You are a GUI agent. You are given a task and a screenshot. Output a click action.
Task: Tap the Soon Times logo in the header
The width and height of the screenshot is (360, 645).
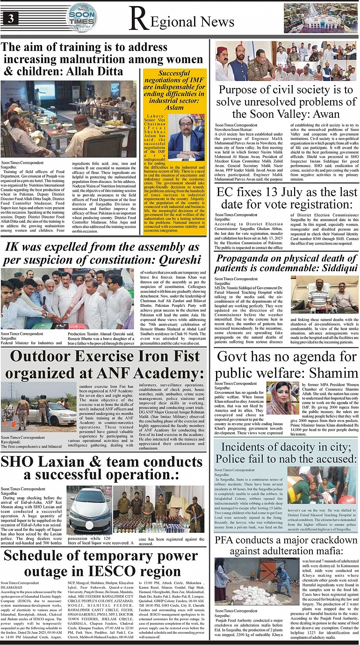[82, 17]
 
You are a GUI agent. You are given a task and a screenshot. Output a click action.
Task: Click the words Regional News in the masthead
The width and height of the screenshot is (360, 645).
[182, 21]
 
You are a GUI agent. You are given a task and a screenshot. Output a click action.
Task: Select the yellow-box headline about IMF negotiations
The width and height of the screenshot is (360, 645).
[174, 90]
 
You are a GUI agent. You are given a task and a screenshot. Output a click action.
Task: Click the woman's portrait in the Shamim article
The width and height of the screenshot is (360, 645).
[282, 398]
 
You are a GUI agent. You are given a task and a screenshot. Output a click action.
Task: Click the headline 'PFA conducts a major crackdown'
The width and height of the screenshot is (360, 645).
[286, 546]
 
